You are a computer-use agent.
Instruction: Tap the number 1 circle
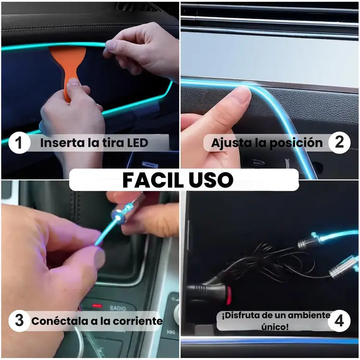pyautogui.click(x=19, y=143)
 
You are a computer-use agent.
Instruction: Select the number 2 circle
pyautogui.click(x=339, y=143)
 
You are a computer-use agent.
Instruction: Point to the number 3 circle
pyautogui.click(x=19, y=321)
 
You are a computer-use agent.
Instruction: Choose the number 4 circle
pyautogui.click(x=339, y=321)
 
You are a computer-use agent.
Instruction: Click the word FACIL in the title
pyautogui.click(x=153, y=180)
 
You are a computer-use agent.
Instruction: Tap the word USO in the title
pyautogui.click(x=211, y=180)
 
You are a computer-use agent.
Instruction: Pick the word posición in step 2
pyautogui.click(x=296, y=143)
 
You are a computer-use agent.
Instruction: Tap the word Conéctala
pyautogui.click(x=60, y=321)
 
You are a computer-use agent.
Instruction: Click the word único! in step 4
pyautogui.click(x=275, y=327)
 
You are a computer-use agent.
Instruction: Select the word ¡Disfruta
pyautogui.click(x=240, y=315)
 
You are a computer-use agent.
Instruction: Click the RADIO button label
pyautogui.click(x=118, y=308)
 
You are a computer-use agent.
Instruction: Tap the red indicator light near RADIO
pyautogui.click(x=97, y=306)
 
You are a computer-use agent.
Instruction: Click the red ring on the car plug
pyautogui.click(x=229, y=296)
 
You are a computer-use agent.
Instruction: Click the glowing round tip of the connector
pyautogui.click(x=118, y=216)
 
